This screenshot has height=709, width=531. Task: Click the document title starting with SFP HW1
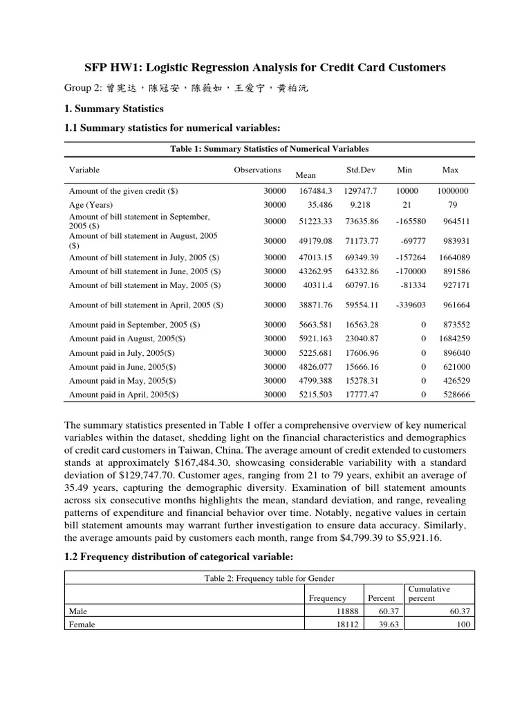point(265,67)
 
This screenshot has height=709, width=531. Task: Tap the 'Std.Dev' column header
point(360,170)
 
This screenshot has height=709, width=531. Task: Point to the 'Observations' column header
point(257,170)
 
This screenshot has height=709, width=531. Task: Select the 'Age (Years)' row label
point(91,205)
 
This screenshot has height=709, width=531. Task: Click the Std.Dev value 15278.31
point(362,380)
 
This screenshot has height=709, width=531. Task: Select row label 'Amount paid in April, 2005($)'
point(124,395)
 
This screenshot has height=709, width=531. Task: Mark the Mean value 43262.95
point(315,271)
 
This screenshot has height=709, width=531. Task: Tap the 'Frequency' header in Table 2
point(328,598)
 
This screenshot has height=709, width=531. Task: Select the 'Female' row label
point(82,624)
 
